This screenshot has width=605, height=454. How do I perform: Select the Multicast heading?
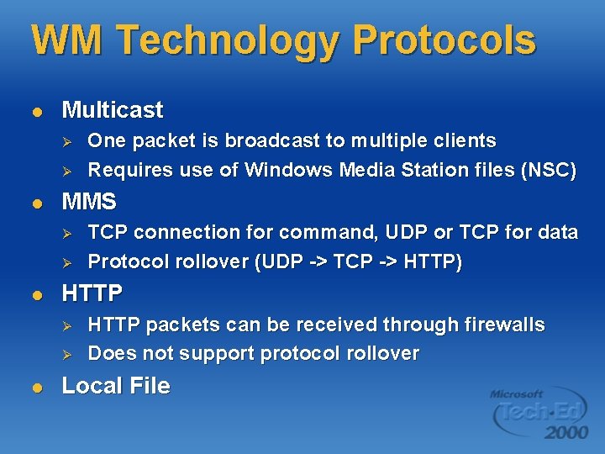(x=113, y=110)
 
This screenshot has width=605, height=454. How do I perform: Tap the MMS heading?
(x=90, y=202)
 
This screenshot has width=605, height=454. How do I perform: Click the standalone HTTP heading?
(x=92, y=293)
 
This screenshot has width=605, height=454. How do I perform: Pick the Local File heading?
(x=116, y=386)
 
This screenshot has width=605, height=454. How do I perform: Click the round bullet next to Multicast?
(x=35, y=111)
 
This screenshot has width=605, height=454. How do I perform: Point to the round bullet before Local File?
(x=35, y=387)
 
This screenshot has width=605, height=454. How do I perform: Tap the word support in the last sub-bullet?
(x=218, y=354)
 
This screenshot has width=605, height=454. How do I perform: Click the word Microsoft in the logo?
(x=517, y=393)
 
